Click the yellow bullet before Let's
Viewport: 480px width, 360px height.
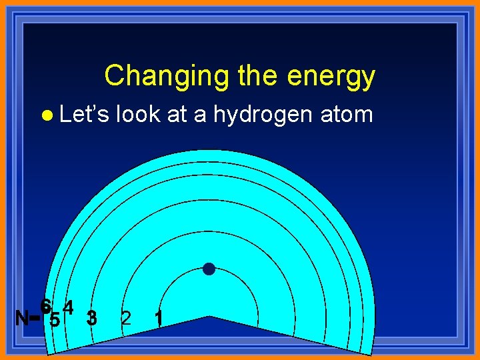tap(46, 115)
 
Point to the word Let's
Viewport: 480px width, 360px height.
tap(85, 114)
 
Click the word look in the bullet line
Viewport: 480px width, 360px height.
tap(138, 114)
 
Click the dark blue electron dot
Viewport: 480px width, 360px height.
tap(209, 269)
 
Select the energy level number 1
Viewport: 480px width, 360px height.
tap(159, 319)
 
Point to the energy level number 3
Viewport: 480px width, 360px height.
tap(92, 318)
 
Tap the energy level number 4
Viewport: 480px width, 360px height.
tap(68, 307)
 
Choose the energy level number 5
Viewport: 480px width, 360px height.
tap(55, 320)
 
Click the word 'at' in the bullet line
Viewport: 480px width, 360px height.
tap(177, 115)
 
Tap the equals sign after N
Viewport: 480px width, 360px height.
tap(35, 319)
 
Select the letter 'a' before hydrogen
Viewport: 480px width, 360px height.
tap(199, 115)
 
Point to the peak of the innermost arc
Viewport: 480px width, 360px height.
tap(209, 271)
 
